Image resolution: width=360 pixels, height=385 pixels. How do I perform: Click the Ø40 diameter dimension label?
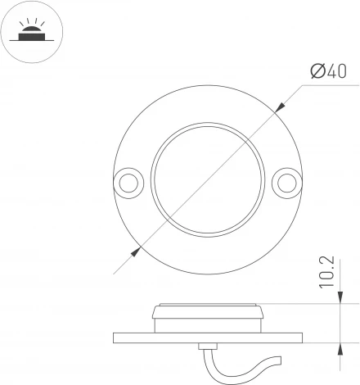point(329,71)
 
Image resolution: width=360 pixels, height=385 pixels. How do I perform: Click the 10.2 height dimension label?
point(326,272)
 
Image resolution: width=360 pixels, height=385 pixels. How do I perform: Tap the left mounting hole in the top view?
point(128,183)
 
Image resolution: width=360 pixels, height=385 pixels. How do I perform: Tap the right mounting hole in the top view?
point(287,183)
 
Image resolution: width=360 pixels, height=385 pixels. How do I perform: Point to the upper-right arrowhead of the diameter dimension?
point(279,107)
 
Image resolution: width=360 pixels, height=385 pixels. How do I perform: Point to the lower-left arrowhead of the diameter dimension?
point(136,251)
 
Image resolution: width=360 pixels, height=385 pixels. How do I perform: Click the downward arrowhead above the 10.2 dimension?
point(340,297)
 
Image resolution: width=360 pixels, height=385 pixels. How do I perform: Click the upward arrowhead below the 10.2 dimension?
point(340,349)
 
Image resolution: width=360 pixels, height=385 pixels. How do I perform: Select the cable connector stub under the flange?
point(208,346)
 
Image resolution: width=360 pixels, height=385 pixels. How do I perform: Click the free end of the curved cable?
point(281,360)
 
